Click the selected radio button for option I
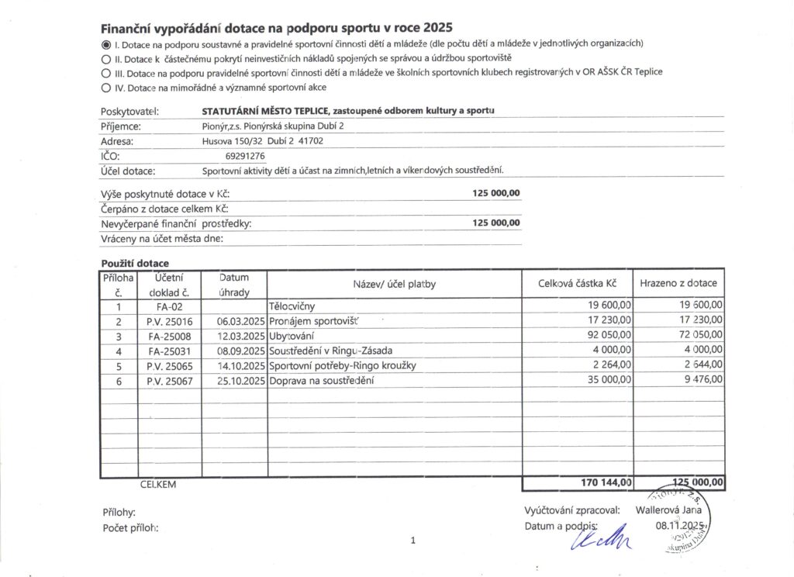pyautogui.click(x=106, y=43)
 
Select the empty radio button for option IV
pyautogui.click(x=106, y=88)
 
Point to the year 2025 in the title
pyautogui.click(x=434, y=27)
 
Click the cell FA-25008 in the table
pyautogui.click(x=169, y=337)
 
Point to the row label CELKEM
pyautogui.click(x=158, y=484)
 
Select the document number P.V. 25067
pyautogui.click(x=169, y=381)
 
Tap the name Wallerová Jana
pyautogui.click(x=668, y=510)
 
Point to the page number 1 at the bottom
pyautogui.click(x=415, y=541)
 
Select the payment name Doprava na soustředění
pyautogui.click(x=320, y=381)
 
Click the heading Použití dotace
pyautogui.click(x=135, y=264)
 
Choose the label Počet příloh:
pyautogui.click(x=130, y=528)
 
